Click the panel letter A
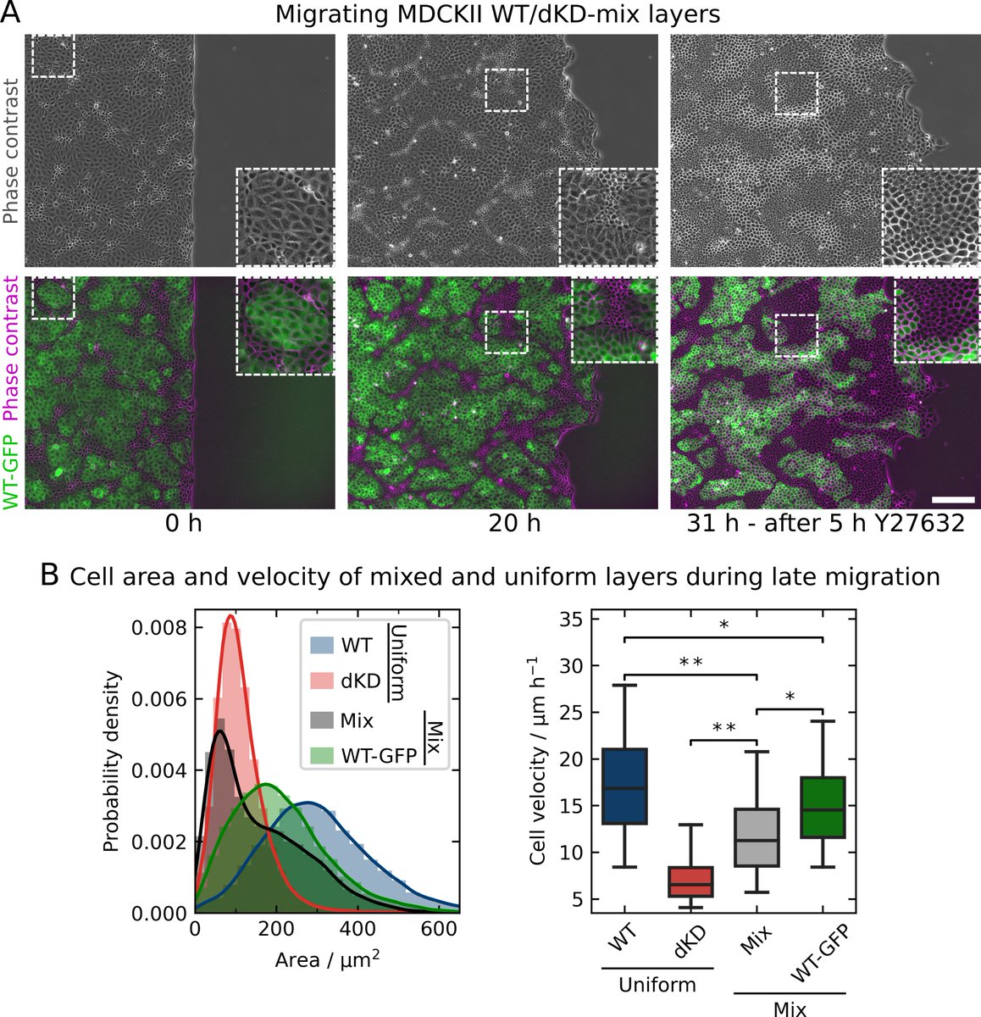pyautogui.click(x=12, y=14)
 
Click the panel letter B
pyautogui.click(x=50, y=575)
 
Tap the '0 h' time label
pyautogui.click(x=184, y=524)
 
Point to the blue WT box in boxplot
pyautogui.click(x=624, y=786)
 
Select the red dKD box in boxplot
pyautogui.click(x=691, y=881)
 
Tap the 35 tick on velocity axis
pyautogui.click(x=574, y=620)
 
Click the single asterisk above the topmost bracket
pyautogui.click(x=723, y=625)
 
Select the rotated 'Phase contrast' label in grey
pyautogui.click(x=10, y=151)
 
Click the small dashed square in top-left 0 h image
pyautogui.click(x=53, y=55)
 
